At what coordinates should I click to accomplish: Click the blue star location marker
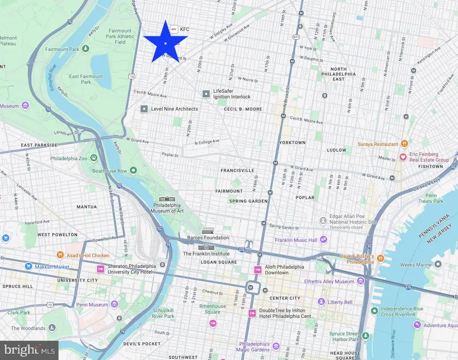pyautogui.click(x=165, y=43)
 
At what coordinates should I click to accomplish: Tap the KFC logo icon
pyautogui.click(x=174, y=29)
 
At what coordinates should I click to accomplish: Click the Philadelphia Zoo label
pyautogui.click(x=70, y=158)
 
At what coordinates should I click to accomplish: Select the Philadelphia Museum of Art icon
pyautogui.click(x=166, y=199)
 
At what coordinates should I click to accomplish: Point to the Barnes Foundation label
pyautogui.click(x=208, y=238)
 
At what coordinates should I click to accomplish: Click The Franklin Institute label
pyautogui.click(x=206, y=254)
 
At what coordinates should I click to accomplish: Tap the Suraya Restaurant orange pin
pyautogui.click(x=405, y=144)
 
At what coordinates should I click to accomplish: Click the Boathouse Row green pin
pyautogui.click(x=133, y=171)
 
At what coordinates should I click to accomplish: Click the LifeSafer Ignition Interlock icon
pyautogui.click(x=206, y=94)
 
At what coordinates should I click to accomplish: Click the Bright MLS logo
pyautogui.click(x=29, y=350)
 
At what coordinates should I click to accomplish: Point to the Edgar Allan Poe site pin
pyautogui.click(x=323, y=220)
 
